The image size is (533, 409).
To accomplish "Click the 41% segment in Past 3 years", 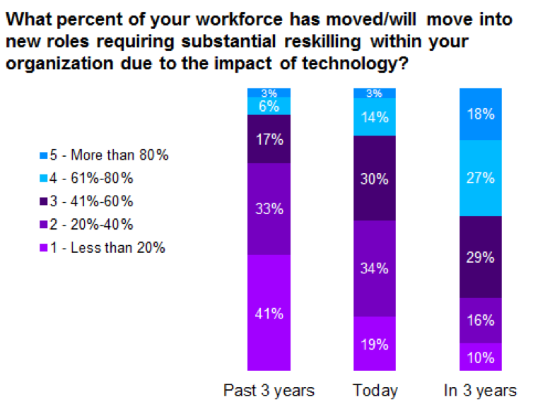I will (x=268, y=312).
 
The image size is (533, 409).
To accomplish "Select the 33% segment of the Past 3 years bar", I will (x=268, y=209).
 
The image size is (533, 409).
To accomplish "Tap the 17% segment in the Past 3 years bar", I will (x=268, y=139).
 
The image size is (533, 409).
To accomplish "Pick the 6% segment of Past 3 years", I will (x=268, y=106).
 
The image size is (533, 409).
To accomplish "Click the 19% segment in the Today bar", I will (x=375, y=343).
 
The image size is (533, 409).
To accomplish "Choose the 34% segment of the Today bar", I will (x=375, y=268).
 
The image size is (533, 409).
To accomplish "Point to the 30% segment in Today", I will (x=375, y=178).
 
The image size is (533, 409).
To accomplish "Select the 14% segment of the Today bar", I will (x=375, y=117).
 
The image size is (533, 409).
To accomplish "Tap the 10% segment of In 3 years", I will (x=481, y=357).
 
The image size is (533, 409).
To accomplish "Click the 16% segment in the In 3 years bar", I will (x=481, y=320).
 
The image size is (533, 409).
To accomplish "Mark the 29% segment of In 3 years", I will (x=481, y=257).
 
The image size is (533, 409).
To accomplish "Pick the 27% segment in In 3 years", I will (x=481, y=178).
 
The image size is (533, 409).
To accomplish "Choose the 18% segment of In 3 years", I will (x=481, y=114).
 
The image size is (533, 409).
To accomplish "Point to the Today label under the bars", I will (x=375, y=391).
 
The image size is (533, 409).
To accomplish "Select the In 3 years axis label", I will (x=481, y=391).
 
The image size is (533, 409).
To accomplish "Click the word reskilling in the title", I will (x=290, y=40).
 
